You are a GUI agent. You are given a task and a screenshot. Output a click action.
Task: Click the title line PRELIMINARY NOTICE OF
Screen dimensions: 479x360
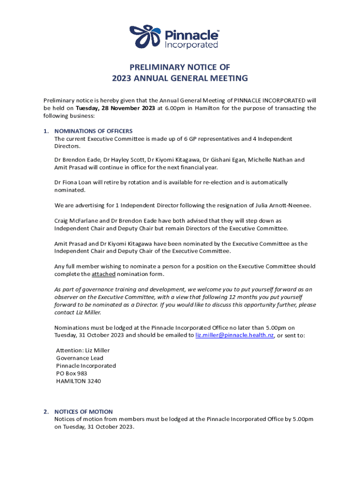(x=180, y=67)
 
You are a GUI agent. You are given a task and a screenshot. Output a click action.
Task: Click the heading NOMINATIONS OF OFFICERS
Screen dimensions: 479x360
(x=94, y=131)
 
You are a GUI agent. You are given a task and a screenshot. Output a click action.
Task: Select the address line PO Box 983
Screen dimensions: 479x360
(x=72, y=374)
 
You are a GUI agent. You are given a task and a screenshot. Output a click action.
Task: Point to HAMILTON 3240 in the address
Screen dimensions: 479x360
(x=79, y=381)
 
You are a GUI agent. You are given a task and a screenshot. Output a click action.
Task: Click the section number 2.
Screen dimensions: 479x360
(x=46, y=412)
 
